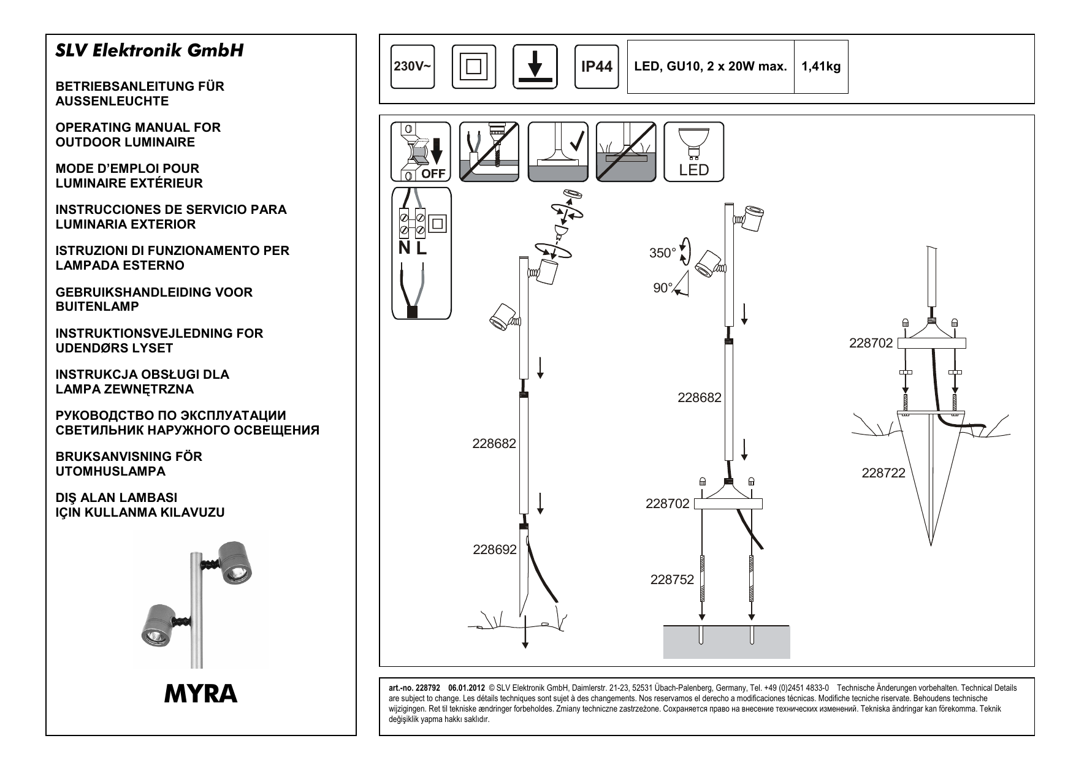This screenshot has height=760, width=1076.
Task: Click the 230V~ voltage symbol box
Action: [x=412, y=67]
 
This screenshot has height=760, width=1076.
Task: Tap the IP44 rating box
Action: [x=596, y=67]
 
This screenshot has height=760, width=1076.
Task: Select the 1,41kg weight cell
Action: [x=821, y=67]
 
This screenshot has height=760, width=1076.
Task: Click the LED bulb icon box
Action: [x=693, y=151]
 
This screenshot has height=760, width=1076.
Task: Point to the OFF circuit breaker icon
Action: [x=421, y=151]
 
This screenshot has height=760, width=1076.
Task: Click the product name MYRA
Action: [x=200, y=694]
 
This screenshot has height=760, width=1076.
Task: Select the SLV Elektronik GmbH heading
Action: [x=150, y=50]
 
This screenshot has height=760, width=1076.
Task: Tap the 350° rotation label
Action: [x=662, y=253]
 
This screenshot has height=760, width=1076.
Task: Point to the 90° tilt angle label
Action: [x=662, y=288]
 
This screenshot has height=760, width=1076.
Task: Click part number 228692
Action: [x=494, y=550]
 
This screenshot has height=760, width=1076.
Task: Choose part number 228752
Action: [x=672, y=579]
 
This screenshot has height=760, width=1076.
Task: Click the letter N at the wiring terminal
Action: [x=404, y=248]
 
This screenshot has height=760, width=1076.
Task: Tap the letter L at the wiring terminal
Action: [x=421, y=248]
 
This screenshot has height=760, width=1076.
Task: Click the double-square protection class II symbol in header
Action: [x=473, y=67]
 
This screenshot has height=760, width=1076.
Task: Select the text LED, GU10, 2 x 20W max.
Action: [x=711, y=67]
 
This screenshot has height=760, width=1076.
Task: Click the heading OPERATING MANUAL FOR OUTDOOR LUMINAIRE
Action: [x=138, y=135]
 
